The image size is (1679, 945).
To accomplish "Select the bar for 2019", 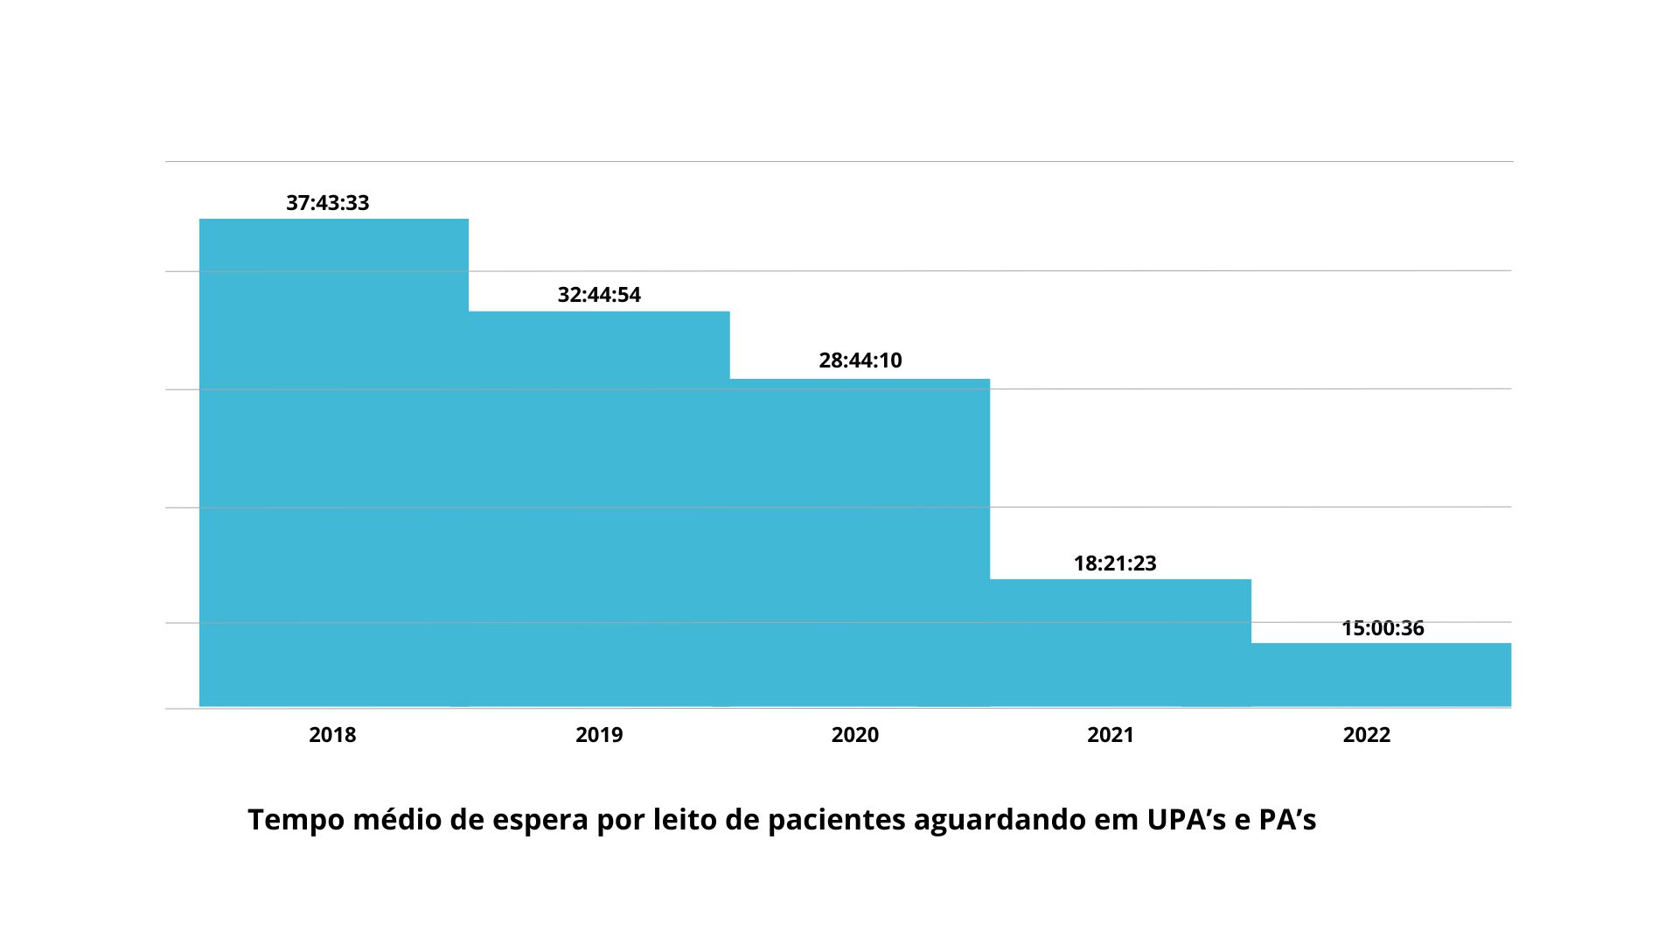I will coord(599,508).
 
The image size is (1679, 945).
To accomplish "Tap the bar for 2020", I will coord(860,542).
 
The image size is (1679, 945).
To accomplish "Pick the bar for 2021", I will coord(1120,642).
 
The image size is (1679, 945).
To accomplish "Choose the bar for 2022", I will coord(1381,675).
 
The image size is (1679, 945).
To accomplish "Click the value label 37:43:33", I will coord(328,203).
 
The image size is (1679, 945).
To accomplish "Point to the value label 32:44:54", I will coord(599,295).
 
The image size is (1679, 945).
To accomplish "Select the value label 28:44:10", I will coord(860,360).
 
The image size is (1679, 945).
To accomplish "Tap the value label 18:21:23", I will coord(1115,563).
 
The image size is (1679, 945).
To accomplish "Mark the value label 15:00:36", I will coord(1383,628).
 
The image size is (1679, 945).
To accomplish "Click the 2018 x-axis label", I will coord(332,735).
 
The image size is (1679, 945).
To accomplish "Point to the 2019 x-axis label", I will coord(599,735).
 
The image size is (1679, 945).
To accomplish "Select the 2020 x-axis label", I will coord(855,735).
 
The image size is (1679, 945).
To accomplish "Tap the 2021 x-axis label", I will coord(1111,735).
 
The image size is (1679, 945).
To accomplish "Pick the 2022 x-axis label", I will coord(1367,735).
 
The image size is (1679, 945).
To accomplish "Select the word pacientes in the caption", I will coord(837,821).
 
